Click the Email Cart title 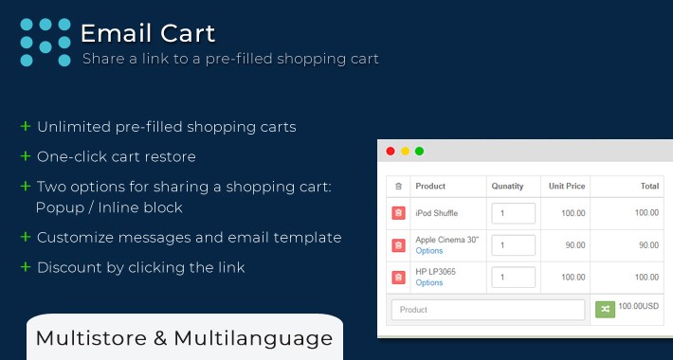pyautogui.click(x=147, y=33)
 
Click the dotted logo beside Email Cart pyautogui.click(x=45, y=43)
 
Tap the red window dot pyautogui.click(x=391, y=151)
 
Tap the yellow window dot pyautogui.click(x=405, y=151)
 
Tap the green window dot pyautogui.click(x=419, y=151)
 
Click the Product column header pyautogui.click(x=430, y=187)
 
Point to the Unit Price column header pyautogui.click(x=567, y=187)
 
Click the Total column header pyautogui.click(x=649, y=187)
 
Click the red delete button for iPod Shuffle pyautogui.click(x=399, y=213)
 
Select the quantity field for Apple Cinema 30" pyautogui.click(x=513, y=245)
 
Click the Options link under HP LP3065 pyautogui.click(x=429, y=283)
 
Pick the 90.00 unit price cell pyautogui.click(x=573, y=245)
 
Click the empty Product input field pyautogui.click(x=488, y=310)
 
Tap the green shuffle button pyautogui.click(x=605, y=309)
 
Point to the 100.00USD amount pyautogui.click(x=640, y=308)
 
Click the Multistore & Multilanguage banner pyautogui.click(x=184, y=337)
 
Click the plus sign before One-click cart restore pyautogui.click(x=25, y=155)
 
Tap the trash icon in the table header pyautogui.click(x=398, y=187)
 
